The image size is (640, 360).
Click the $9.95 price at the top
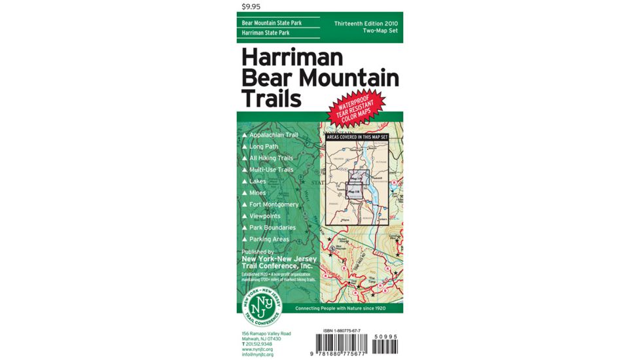251,7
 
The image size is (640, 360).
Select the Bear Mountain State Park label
272,23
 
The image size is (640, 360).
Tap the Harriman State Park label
266,33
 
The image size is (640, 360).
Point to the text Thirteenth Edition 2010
365,24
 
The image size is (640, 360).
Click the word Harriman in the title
292,58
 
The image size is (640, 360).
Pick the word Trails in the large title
272,98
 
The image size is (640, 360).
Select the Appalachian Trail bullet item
274,135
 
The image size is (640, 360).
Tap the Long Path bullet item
264,147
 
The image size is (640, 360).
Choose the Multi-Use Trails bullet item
271,170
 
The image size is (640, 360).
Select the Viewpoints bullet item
264,216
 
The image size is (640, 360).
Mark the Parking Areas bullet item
269,239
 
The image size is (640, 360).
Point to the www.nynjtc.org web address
257,349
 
